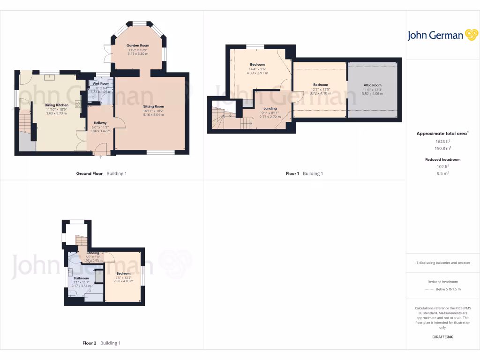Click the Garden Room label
pos(138,45)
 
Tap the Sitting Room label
pos(153,106)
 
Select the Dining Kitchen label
pos(56,105)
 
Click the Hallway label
pos(100,123)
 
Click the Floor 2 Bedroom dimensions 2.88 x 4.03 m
pos(123,281)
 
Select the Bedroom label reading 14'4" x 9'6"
pos(257,64)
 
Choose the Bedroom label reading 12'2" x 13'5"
pos(321,85)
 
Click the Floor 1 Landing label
pos(270,108)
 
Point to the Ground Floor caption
pos(90,173)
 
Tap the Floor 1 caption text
pos(292,173)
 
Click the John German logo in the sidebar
pos(442,35)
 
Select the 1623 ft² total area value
pos(442,141)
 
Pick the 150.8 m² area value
pos(442,148)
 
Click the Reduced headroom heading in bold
pos(442,159)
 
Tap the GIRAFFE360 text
pos(442,337)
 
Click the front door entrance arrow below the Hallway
pos(100,157)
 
